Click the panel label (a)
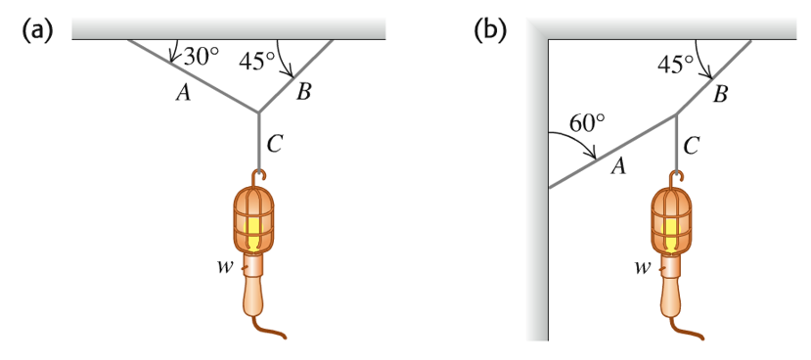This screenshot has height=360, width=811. pos(36,30)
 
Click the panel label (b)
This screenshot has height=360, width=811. pos(489,30)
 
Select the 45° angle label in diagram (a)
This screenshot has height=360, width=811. pos(257,61)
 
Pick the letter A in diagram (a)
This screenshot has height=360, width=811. pos(181,93)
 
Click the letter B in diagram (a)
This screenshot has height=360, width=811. pos(303,93)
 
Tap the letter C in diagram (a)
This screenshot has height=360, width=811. pos(275,144)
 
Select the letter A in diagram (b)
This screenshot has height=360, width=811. pos(618,167)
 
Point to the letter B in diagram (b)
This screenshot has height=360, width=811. pos(720,95)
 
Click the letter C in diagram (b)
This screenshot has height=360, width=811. pos(691,146)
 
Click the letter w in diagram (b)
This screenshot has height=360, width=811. pos(642,265)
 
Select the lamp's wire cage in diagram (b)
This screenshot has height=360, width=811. pos(673,217)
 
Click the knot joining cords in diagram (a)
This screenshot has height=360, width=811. pos(258,112)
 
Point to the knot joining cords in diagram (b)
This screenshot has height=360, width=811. pos(676,114)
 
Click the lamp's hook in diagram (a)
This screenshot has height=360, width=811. pos(257,176)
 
